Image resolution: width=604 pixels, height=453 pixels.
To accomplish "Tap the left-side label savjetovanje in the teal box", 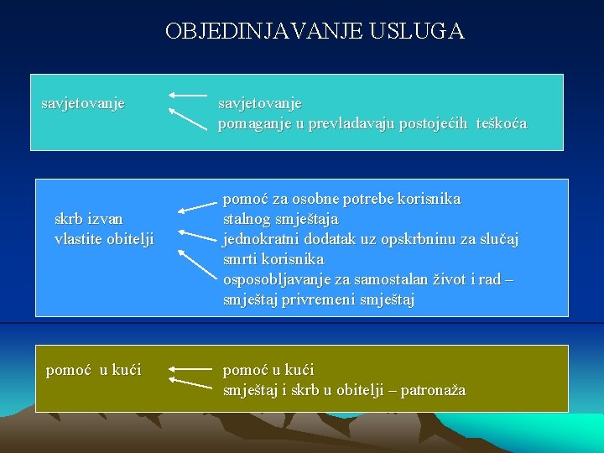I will pos(83,104).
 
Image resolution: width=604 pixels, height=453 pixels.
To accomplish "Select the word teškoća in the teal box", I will pos(501,124).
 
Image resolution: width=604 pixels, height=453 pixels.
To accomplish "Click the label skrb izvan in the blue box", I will pos(88,220).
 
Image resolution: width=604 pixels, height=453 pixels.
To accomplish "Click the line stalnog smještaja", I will pos(280,220).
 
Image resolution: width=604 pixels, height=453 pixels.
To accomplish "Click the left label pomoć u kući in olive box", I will pos(93,370).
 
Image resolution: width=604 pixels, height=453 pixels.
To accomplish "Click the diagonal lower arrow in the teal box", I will pos(188,119).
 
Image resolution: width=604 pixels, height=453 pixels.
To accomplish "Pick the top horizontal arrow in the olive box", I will pos(190,368).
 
